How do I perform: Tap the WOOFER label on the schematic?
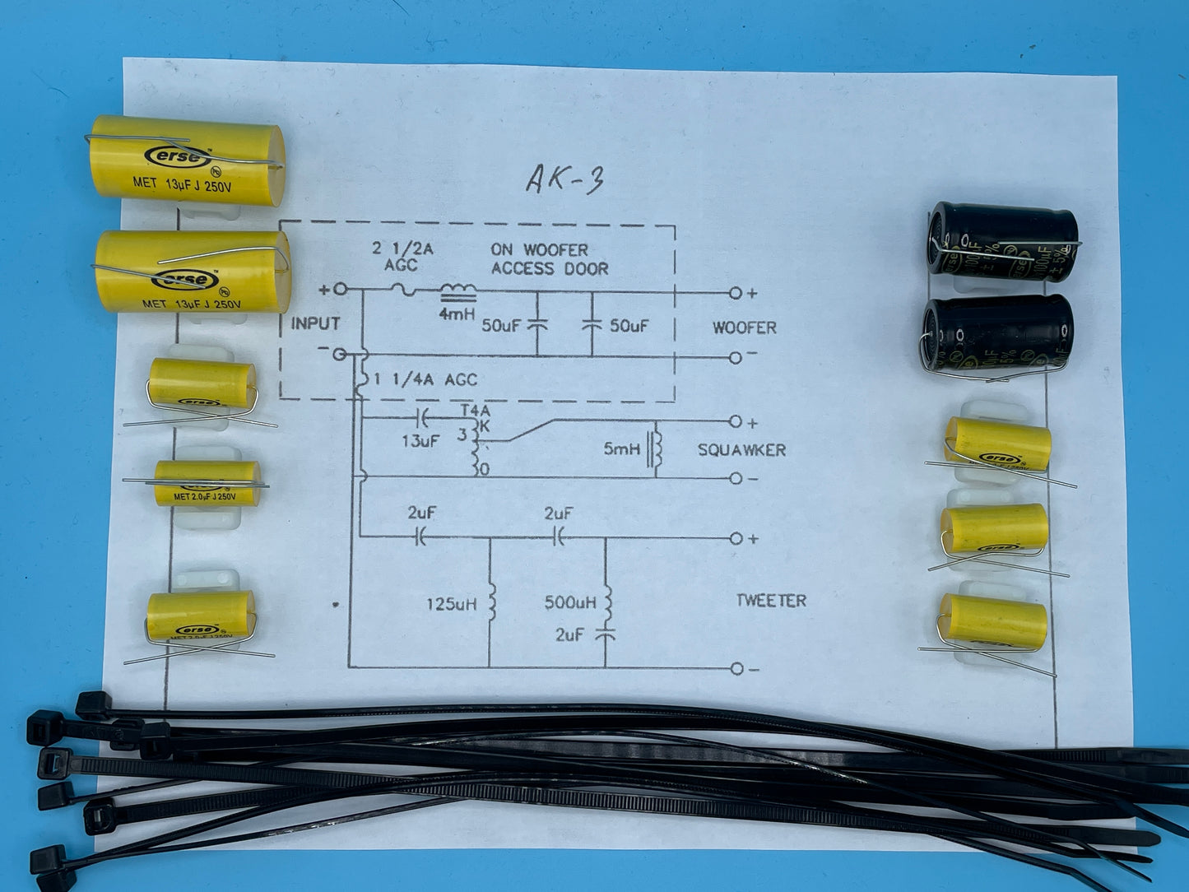(x=744, y=328)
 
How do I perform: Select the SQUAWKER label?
(x=741, y=450)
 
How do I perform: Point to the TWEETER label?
(x=770, y=601)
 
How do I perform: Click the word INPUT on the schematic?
(x=315, y=324)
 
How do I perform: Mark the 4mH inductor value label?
(x=455, y=313)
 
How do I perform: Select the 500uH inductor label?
(x=570, y=603)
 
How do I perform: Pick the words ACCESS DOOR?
(x=550, y=268)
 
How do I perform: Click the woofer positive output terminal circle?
(x=735, y=293)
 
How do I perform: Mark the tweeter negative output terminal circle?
(x=736, y=668)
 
